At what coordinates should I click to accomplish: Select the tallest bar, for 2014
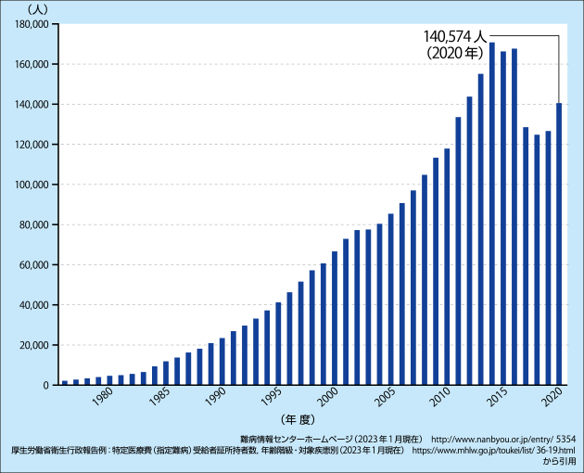491,214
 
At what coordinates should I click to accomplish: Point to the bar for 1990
222,362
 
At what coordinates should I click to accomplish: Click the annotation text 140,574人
455,36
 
